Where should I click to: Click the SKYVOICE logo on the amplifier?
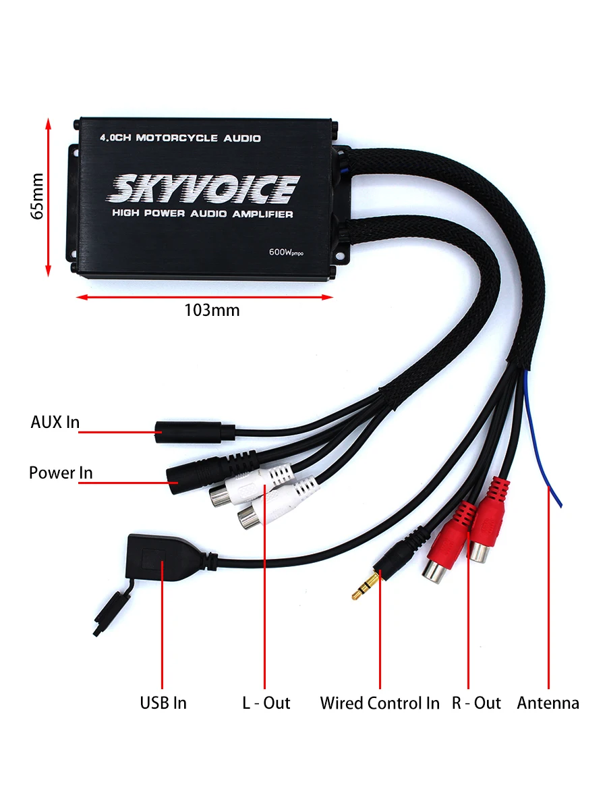[203, 188]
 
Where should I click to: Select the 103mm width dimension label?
[212, 310]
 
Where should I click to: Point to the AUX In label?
[55, 423]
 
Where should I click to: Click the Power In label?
[61, 473]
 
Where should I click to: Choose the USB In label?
[163, 703]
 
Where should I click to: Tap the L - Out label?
[266, 703]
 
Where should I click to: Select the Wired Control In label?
[379, 703]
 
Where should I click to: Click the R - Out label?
[476, 703]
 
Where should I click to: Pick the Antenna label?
[548, 703]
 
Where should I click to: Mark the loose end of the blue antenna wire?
[560, 503]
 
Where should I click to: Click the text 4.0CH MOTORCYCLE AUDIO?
[180, 138]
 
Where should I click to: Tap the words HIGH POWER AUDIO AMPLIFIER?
[202, 214]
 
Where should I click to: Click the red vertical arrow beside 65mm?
[48, 196]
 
